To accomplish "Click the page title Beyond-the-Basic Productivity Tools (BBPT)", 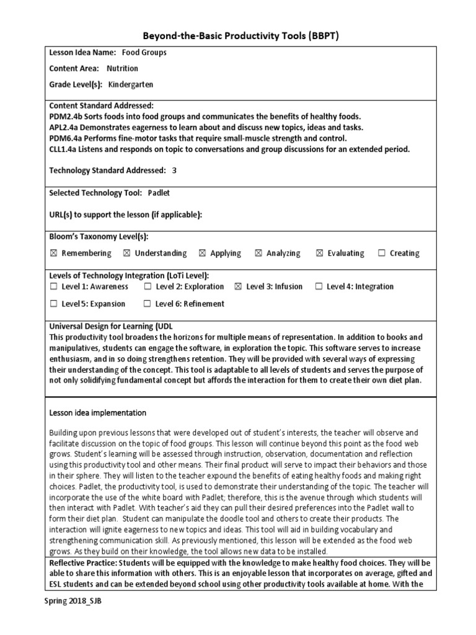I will point(237,36).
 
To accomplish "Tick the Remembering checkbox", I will point(53,253).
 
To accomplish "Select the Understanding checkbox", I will point(126,253).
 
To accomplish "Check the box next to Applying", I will point(202,253).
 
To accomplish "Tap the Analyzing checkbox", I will point(258,253).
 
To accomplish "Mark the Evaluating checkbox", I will point(319,253).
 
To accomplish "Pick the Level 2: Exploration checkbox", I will point(148,286).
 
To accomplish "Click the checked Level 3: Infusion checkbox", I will point(238,286).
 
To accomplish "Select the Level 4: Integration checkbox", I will point(319,286).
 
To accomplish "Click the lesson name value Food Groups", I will point(144,53).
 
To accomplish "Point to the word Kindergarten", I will point(130,84).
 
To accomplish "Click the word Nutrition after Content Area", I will point(122,68).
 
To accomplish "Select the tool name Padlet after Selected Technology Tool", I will point(159,193).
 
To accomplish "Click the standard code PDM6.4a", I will point(66,138).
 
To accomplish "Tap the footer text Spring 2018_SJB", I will point(72,602).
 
